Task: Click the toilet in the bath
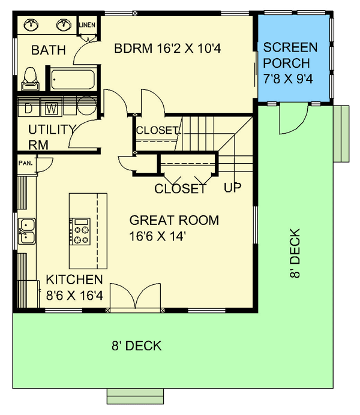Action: tap(29, 77)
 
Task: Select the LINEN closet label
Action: tap(88, 24)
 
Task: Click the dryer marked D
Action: tap(28, 109)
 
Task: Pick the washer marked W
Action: tap(52, 109)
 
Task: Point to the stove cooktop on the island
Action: tap(80, 231)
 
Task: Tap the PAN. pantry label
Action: tap(25, 163)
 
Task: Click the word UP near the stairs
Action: tap(233, 188)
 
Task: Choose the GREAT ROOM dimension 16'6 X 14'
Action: tap(160, 236)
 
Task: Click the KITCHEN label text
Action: tap(75, 279)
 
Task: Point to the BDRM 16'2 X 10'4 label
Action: tap(168, 49)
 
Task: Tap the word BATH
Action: tap(49, 50)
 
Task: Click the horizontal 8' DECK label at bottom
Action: tap(136, 346)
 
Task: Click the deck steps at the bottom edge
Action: tap(136, 396)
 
